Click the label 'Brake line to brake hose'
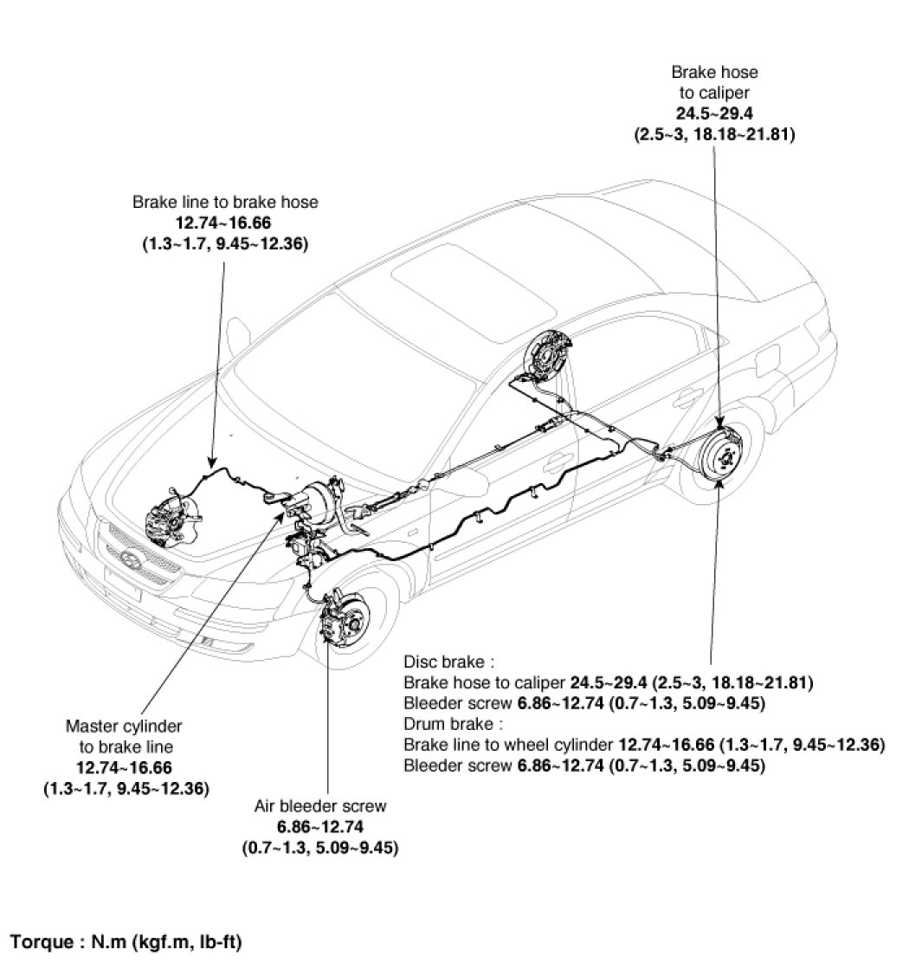pyautogui.click(x=225, y=202)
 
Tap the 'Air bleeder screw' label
pyautogui.click(x=320, y=806)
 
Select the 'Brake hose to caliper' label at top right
pyautogui.click(x=714, y=82)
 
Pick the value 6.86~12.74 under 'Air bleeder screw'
pyautogui.click(x=320, y=827)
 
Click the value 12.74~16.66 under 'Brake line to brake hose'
pyautogui.click(x=225, y=223)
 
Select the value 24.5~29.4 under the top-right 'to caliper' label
pyautogui.click(x=714, y=113)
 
